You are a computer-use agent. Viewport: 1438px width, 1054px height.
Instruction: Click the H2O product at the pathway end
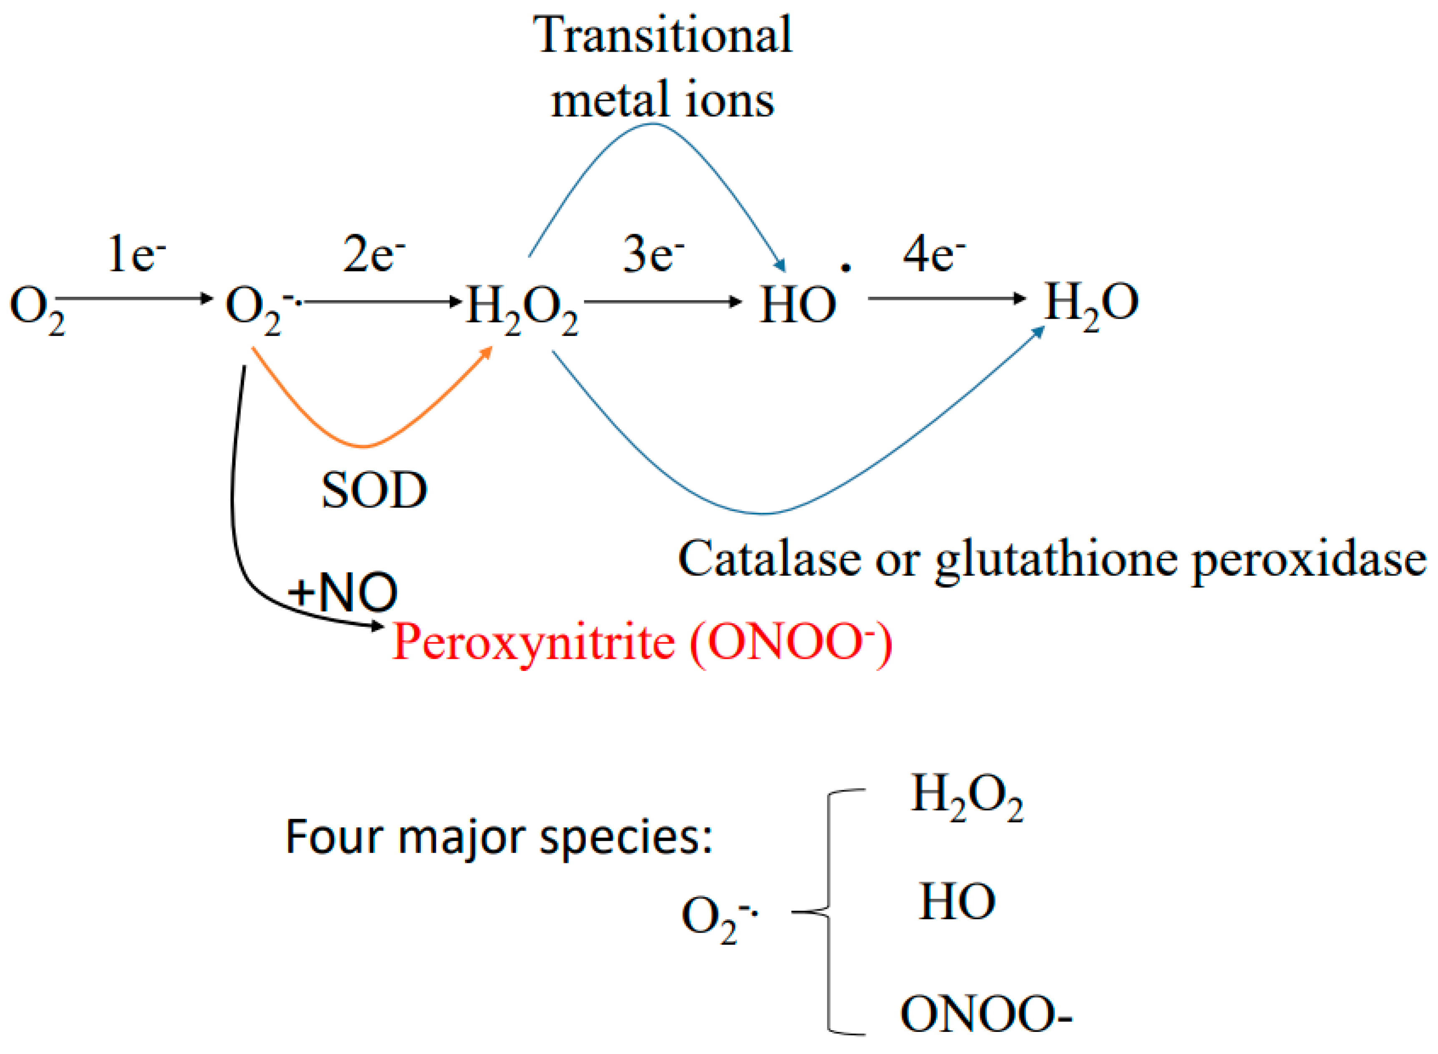coord(1091,305)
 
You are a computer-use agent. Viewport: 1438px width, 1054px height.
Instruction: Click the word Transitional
coord(663,35)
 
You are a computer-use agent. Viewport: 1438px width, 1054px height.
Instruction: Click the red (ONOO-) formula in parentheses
coord(791,643)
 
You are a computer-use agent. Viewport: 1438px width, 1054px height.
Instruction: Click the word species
coord(625,838)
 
